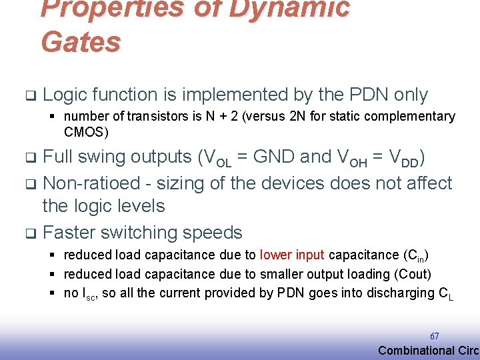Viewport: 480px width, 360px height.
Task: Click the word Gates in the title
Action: click(x=81, y=41)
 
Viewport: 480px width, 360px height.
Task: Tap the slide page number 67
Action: click(x=435, y=336)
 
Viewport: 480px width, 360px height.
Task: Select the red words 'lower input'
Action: click(x=292, y=255)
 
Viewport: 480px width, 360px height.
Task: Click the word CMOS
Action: click(x=86, y=132)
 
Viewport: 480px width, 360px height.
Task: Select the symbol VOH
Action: click(x=349, y=158)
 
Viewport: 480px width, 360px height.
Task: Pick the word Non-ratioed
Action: click(x=89, y=183)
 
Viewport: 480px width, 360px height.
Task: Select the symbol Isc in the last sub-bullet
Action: click(x=89, y=293)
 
